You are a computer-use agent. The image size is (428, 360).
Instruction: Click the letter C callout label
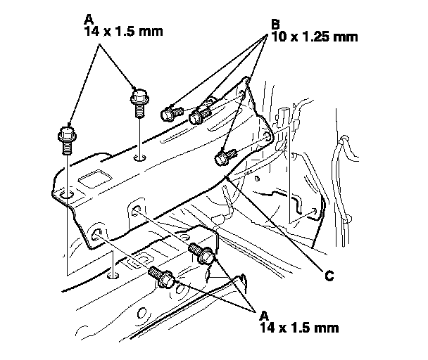(329, 276)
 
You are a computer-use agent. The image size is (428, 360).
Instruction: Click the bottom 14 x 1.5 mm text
(298, 328)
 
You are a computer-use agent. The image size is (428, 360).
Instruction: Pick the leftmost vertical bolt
(66, 138)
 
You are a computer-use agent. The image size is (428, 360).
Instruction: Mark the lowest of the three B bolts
(226, 157)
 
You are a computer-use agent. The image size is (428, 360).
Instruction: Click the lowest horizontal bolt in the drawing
(163, 278)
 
